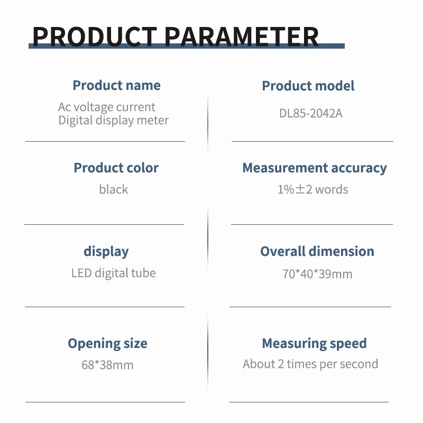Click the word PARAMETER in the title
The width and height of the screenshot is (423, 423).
(242, 36)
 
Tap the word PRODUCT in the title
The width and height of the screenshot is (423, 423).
(95, 36)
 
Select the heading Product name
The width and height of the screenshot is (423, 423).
(116, 85)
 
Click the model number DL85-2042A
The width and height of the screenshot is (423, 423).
(311, 113)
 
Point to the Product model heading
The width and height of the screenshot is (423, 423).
(308, 86)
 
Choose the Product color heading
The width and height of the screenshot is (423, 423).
(116, 168)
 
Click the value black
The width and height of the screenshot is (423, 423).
(114, 189)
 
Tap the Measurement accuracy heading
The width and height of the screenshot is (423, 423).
(315, 168)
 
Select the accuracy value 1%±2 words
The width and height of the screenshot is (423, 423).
(312, 189)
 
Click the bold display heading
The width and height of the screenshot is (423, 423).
(106, 252)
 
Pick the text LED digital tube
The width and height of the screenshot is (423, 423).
(114, 273)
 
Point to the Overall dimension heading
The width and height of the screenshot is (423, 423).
(317, 251)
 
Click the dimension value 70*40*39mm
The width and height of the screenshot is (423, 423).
(317, 274)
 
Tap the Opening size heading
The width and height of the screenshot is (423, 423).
(108, 344)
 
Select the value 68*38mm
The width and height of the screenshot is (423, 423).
(107, 365)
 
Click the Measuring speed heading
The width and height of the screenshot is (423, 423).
(314, 344)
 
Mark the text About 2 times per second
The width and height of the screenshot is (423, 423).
(310, 364)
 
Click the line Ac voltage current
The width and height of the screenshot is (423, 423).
(107, 107)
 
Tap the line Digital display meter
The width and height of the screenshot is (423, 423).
(114, 121)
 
